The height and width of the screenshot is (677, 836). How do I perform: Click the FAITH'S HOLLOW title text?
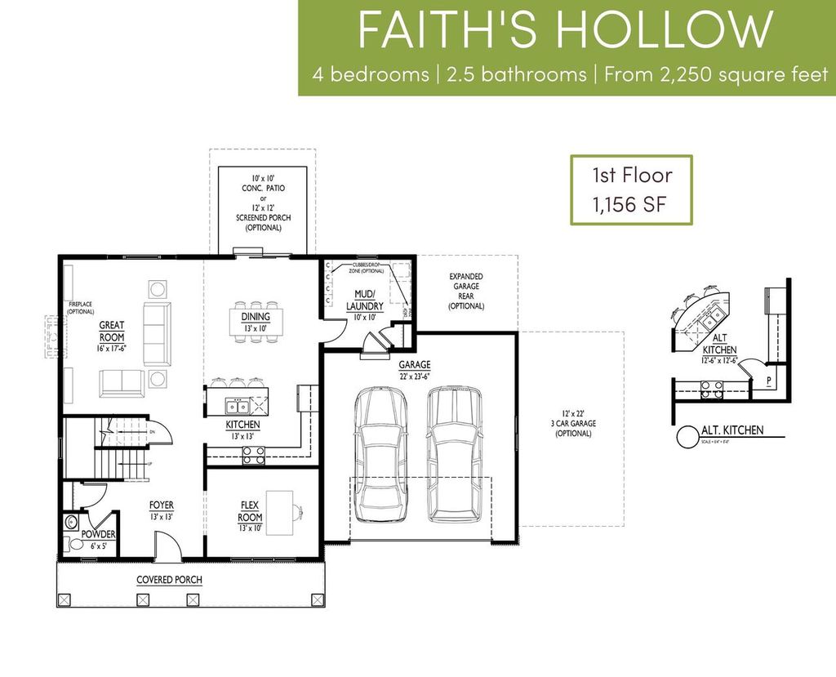565,31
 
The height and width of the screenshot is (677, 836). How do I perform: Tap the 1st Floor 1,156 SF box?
631,189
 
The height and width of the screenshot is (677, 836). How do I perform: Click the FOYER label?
161,510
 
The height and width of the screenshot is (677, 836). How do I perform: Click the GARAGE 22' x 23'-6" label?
415,370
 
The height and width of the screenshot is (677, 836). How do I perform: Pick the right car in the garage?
454,453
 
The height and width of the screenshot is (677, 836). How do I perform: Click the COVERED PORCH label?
169,580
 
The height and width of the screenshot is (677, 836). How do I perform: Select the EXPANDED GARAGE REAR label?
465,292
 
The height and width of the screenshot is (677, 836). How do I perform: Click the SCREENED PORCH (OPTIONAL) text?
258,223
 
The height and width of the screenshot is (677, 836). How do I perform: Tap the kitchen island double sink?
238,406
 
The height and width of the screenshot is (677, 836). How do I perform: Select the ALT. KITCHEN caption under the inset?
732,430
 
